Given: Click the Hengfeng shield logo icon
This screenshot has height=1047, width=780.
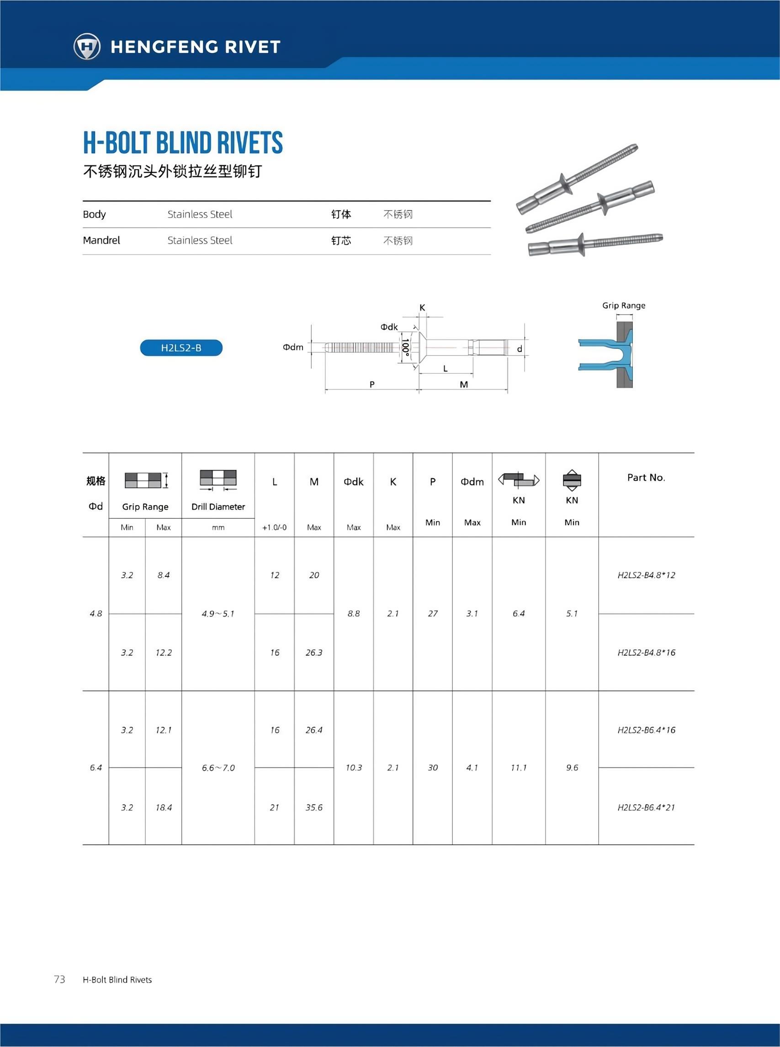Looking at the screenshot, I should click(x=87, y=46).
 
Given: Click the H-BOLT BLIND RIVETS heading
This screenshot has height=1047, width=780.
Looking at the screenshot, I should click(x=183, y=143).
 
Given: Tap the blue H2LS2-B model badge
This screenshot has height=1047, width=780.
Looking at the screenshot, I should click(x=181, y=348).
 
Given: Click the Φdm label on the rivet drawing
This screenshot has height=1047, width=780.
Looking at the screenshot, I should click(x=293, y=347).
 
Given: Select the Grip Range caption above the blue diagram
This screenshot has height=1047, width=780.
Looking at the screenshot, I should click(x=623, y=306).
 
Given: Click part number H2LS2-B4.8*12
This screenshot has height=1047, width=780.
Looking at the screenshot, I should click(x=646, y=575).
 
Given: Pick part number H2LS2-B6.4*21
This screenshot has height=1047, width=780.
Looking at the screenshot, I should click(x=646, y=807).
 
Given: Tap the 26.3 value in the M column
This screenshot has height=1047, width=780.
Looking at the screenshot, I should click(x=313, y=652).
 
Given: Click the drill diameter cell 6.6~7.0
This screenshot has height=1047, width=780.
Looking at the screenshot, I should click(x=218, y=767).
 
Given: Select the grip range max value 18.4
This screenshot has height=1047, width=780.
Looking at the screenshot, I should click(x=164, y=807).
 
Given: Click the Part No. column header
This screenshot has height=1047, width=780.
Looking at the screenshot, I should click(x=646, y=478).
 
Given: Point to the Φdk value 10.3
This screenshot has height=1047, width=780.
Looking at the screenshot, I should click(x=354, y=767).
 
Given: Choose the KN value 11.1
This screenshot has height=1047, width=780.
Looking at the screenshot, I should click(x=519, y=767).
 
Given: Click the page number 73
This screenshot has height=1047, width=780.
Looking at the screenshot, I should click(x=59, y=979).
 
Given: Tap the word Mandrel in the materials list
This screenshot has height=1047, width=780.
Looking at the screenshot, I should click(x=101, y=240).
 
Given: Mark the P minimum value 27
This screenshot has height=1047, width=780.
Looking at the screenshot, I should click(x=432, y=613).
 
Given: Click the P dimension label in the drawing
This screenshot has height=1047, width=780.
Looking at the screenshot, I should click(x=372, y=384).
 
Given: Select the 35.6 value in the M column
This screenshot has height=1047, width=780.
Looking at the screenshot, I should click(x=313, y=807).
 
